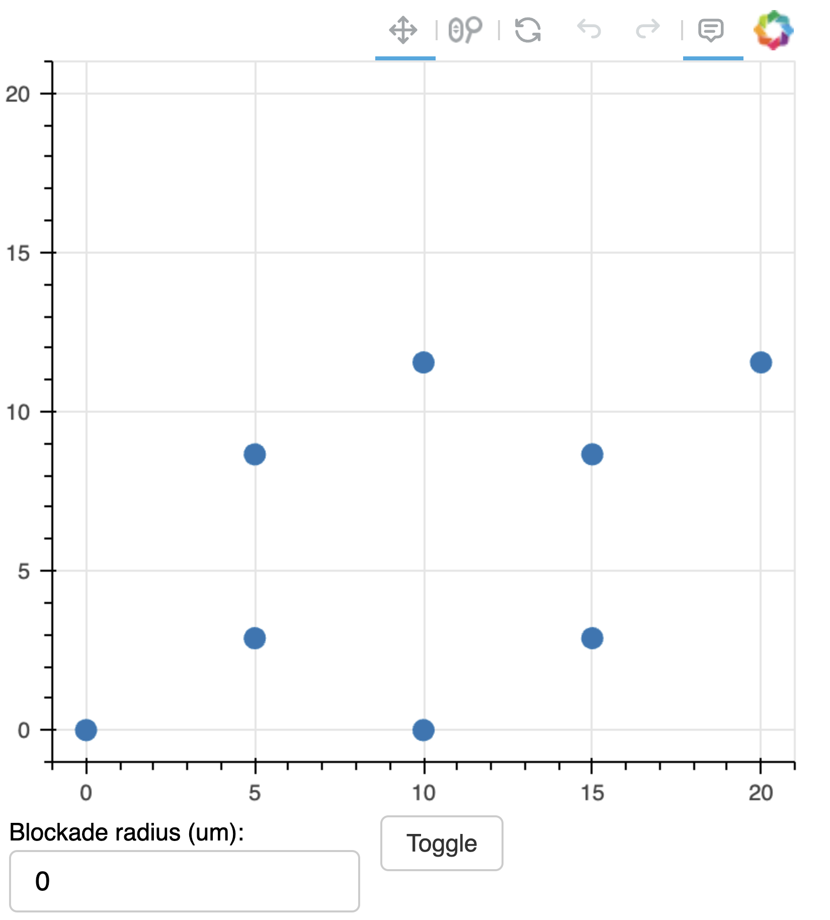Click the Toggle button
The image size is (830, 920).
(441, 843)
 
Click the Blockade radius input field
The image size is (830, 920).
(184, 881)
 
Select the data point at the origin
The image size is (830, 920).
(86, 730)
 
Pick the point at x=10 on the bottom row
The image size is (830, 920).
(424, 730)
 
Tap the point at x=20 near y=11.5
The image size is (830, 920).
(761, 362)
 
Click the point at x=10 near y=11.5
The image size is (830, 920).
(424, 362)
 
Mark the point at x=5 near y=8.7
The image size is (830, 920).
(255, 454)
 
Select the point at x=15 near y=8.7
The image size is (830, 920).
(592, 454)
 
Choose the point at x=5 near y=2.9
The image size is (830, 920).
(255, 638)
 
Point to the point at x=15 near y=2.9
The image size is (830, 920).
(592, 638)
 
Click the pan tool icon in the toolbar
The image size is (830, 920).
(403, 30)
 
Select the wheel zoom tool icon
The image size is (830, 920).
(465, 30)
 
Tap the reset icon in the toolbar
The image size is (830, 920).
(528, 30)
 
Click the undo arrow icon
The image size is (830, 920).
(589, 29)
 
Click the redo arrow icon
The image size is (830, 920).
(648, 29)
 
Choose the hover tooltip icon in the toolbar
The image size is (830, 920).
(711, 30)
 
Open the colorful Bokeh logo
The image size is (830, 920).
(774, 30)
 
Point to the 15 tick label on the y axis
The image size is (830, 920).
(18, 253)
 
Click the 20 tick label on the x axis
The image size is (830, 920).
(761, 793)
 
